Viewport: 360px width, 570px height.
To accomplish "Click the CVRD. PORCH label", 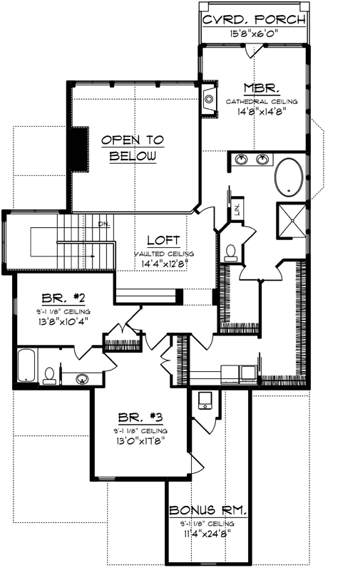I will (254, 19).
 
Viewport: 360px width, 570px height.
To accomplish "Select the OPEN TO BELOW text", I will (132, 148).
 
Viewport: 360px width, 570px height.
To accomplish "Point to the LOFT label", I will (163, 241).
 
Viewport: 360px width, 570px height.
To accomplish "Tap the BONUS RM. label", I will (207, 510).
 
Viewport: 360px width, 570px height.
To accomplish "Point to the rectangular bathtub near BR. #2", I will (26, 366).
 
